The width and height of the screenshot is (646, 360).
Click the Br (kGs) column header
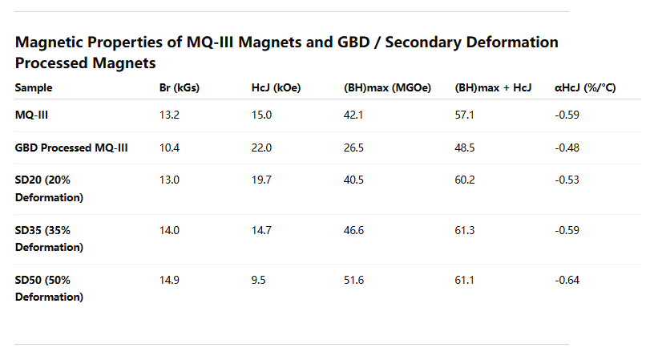coord(180,88)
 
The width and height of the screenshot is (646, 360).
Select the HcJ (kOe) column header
coord(276,88)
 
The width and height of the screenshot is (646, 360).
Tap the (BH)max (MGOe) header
coord(387,88)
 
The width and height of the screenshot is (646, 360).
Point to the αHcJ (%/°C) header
coord(585,88)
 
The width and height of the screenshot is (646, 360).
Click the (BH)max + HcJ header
coord(493,88)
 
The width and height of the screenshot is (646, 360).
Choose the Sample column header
coord(34,88)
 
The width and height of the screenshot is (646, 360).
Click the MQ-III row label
coord(33,115)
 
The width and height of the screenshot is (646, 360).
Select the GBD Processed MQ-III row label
coord(72,148)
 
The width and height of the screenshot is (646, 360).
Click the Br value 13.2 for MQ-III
coord(169,115)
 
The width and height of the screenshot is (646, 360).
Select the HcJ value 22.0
coord(262,148)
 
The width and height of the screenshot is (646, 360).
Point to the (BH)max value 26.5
coord(353,148)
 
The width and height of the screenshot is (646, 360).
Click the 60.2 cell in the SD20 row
coord(465,180)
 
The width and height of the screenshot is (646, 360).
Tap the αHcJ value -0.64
coord(567,279)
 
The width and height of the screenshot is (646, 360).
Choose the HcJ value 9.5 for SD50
coord(259,279)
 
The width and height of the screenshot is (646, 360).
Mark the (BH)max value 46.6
coord(353,230)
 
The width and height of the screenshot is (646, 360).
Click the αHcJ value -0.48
coord(567,148)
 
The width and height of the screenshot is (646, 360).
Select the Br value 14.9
coord(169,279)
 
